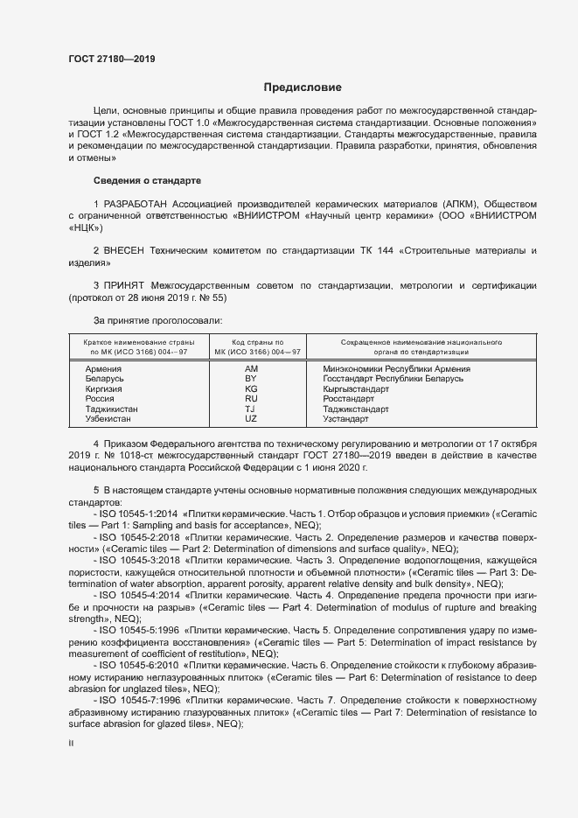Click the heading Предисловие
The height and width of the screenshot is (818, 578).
[303, 87]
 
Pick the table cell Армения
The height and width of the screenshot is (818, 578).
[103, 369]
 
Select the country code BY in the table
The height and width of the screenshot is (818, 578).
[251, 379]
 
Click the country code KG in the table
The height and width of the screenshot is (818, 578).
[251, 388]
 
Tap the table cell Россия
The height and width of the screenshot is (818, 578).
[100, 399]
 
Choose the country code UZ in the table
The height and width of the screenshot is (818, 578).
[251, 419]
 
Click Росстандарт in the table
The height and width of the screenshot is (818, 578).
[350, 399]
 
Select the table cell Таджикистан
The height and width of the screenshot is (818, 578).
[112, 409]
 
